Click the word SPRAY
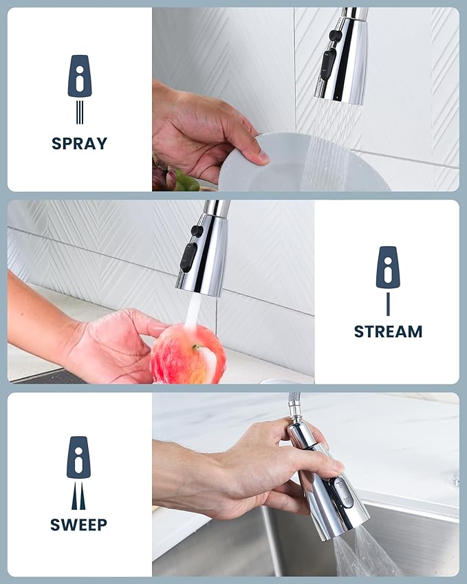79,144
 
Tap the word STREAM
388,332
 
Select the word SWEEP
78,525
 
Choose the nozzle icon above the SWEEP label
78,458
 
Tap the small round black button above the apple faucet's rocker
197,231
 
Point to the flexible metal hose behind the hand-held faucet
295,406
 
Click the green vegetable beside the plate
184,182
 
